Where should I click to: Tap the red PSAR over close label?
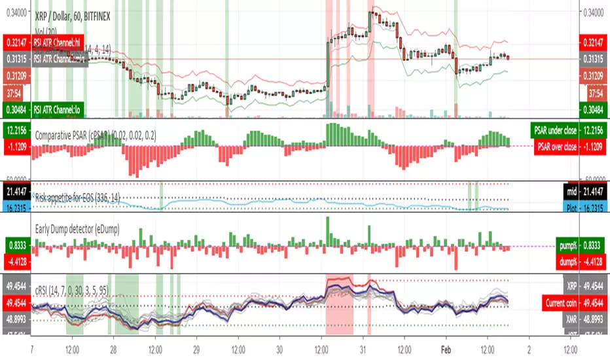click(x=556, y=147)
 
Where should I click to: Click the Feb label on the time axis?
click(x=446, y=349)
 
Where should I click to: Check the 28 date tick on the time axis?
click(x=114, y=349)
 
